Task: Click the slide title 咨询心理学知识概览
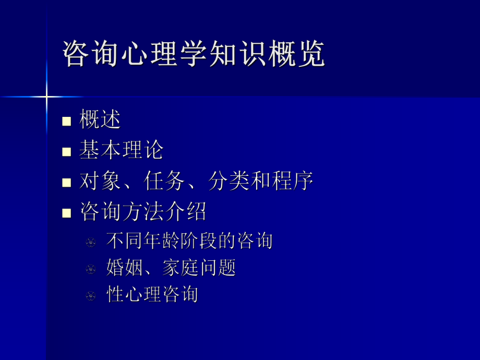click(194, 53)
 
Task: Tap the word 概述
click(100, 120)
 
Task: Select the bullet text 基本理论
click(122, 150)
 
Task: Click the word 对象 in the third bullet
click(100, 181)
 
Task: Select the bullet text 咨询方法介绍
click(143, 212)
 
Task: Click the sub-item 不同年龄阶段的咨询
click(189, 241)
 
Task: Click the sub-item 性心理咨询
click(152, 294)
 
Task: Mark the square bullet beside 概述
click(66, 122)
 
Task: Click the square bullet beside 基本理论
click(66, 152)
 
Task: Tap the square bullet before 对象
click(66, 183)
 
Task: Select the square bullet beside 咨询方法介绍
click(66, 213)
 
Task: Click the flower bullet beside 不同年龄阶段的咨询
click(91, 242)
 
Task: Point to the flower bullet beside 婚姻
click(91, 269)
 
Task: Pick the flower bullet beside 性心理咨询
click(91, 296)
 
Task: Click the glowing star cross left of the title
click(46, 97)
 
